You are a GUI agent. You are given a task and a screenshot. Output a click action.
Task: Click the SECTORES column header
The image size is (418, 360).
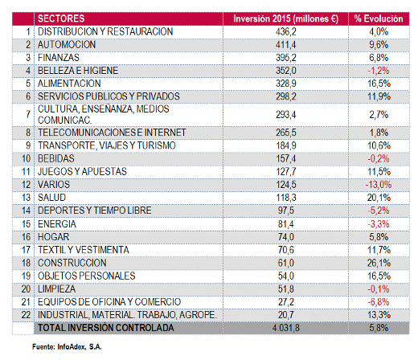[61, 18]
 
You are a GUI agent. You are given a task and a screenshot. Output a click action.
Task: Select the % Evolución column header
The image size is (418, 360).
[379, 18]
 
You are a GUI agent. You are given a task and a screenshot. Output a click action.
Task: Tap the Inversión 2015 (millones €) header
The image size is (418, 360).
[286, 18]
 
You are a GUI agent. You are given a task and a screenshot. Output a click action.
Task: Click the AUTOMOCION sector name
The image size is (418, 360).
[67, 44]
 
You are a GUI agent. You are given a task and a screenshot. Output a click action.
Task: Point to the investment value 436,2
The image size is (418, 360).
[286, 31]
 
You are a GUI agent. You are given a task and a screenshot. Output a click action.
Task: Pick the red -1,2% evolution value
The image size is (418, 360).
[379, 71]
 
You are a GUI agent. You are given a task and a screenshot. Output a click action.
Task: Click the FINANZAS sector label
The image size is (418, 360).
[59, 58]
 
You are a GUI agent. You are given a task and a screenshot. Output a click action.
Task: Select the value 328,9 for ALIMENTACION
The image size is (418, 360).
[286, 84]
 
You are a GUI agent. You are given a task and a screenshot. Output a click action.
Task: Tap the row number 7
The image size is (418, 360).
[28, 114]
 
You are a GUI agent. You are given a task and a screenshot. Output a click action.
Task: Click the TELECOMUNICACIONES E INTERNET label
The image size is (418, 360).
[112, 133]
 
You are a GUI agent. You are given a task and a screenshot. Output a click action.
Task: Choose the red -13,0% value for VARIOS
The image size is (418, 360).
[379, 185]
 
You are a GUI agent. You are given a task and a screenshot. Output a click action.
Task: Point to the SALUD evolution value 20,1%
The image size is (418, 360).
[379, 198]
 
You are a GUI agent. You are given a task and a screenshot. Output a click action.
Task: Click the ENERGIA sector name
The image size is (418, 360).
[57, 224]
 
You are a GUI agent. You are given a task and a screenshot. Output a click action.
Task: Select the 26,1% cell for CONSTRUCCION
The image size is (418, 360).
[379, 263]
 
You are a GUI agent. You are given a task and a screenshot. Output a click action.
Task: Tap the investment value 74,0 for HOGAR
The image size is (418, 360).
[286, 237]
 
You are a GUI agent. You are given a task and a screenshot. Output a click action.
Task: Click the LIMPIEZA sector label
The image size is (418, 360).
[57, 289]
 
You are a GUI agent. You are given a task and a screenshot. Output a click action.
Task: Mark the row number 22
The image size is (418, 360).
[26, 315]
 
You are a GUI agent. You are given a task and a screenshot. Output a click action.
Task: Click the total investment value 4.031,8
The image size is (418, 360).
[286, 328]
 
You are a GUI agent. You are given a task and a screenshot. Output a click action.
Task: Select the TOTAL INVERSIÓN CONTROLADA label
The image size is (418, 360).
[106, 328]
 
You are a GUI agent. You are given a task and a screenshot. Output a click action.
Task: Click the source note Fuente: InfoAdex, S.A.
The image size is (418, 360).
[67, 347]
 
